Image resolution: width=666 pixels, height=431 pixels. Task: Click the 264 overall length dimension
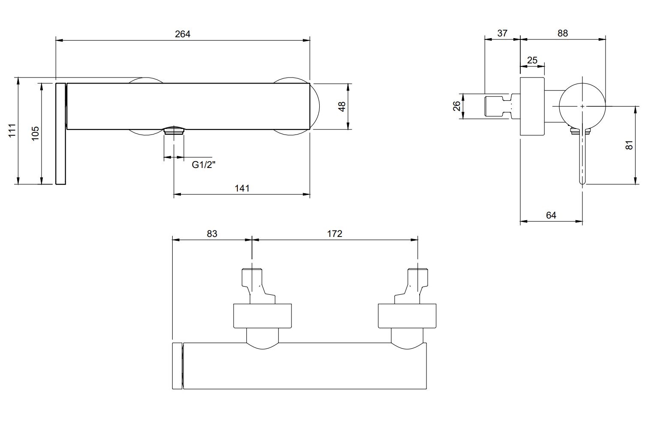pyautogui.click(x=182, y=34)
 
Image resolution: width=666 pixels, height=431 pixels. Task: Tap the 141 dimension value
pyautogui.click(x=242, y=188)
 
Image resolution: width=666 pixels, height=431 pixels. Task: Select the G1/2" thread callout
pyautogui.click(x=204, y=165)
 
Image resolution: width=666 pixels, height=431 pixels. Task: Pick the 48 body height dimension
pyautogui.click(x=342, y=106)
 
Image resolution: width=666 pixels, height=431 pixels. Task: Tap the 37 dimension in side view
pyautogui.click(x=502, y=33)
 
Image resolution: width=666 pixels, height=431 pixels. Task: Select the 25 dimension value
pyautogui.click(x=532, y=60)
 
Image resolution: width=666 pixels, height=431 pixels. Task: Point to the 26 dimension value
pyautogui.click(x=457, y=106)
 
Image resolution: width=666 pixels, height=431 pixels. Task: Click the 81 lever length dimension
pyautogui.click(x=629, y=145)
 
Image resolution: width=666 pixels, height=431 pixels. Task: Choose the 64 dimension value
pyautogui.click(x=551, y=215)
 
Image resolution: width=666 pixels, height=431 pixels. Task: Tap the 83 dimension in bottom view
pyautogui.click(x=212, y=233)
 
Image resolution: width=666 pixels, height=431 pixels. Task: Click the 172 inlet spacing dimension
pyautogui.click(x=334, y=233)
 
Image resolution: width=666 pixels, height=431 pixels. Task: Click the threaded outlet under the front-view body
pyautogui.click(x=174, y=131)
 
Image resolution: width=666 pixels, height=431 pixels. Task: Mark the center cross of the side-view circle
pyautogui.click(x=582, y=106)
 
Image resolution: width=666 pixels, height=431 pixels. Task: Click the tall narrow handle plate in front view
pyautogui.click(x=60, y=134)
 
